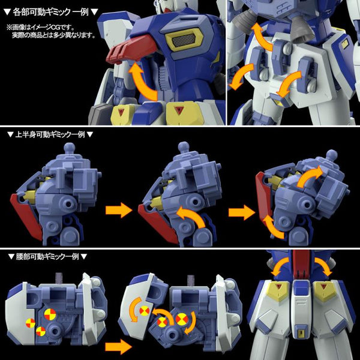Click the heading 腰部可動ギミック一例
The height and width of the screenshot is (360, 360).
click(45, 257)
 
